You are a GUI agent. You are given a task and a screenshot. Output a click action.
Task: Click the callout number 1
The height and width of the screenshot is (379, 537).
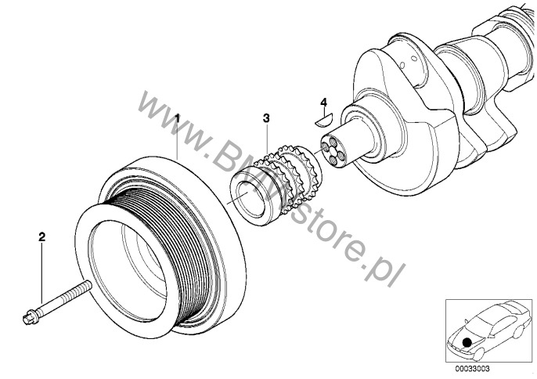(177, 118)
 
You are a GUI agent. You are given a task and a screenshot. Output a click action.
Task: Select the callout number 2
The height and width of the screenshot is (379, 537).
(41, 236)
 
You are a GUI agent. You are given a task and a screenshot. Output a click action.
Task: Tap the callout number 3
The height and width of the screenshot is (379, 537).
(266, 118)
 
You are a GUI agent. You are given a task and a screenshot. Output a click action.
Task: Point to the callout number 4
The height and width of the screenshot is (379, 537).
(323, 102)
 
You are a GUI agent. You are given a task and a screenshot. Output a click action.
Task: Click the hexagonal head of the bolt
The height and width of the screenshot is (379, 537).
(29, 318)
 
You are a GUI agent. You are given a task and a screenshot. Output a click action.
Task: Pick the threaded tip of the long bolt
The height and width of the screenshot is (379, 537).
(88, 284)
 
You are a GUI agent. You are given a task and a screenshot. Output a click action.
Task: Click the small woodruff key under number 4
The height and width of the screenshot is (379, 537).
(323, 120)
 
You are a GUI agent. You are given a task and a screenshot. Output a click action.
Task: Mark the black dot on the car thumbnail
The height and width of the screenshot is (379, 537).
(466, 341)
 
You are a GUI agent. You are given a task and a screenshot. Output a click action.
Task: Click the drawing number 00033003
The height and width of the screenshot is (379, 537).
(472, 369)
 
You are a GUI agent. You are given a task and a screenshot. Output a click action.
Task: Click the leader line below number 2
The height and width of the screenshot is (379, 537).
(41, 273)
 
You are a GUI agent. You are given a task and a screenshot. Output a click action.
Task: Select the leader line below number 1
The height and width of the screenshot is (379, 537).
(177, 142)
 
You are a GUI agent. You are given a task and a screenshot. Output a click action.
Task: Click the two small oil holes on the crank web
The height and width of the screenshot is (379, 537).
(409, 62)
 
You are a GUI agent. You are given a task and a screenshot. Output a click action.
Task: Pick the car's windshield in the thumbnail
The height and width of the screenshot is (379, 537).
(477, 327)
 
